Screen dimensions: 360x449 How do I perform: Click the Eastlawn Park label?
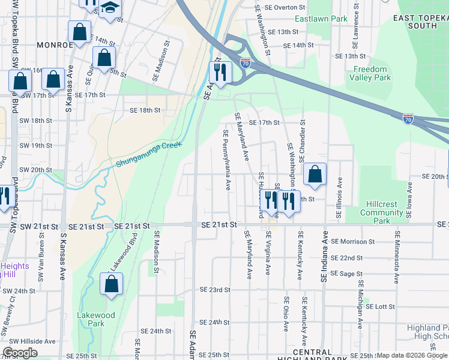tap(327, 19)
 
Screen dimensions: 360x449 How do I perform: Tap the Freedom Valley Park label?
tap(372, 73)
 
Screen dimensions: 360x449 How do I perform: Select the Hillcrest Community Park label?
tap(382, 212)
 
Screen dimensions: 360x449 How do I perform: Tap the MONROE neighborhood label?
tap(55, 45)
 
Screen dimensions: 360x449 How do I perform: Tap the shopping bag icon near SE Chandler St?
tap(315, 175)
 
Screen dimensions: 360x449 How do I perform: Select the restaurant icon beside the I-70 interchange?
tap(220, 73)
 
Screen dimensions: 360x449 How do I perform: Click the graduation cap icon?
tap(110, 7)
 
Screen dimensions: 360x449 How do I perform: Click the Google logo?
tap(20, 353)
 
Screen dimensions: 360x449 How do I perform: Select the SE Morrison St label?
tap(354, 242)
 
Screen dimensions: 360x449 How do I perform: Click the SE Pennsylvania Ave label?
tap(227, 160)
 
